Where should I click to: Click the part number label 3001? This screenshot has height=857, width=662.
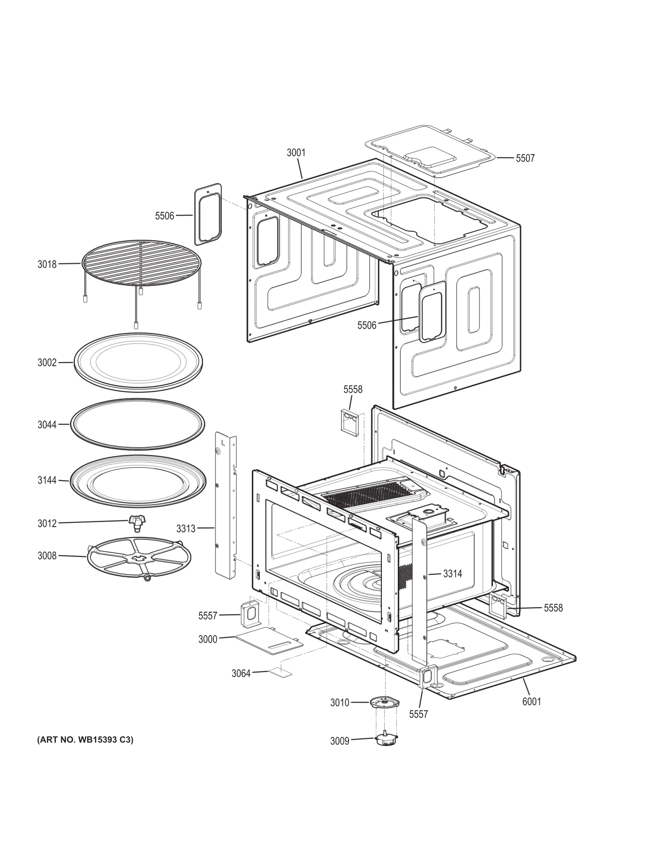296,153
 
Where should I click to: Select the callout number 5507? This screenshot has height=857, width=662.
525,158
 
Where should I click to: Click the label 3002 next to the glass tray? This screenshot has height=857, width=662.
47,362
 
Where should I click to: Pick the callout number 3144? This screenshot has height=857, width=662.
47,481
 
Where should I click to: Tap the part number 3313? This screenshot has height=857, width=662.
186,528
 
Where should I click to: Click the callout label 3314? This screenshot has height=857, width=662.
452,574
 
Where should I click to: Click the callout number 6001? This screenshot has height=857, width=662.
531,701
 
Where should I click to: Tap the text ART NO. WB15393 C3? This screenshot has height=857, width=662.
85,740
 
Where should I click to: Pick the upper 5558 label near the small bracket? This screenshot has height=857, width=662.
352,389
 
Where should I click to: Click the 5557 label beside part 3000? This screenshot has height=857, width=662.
207,616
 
